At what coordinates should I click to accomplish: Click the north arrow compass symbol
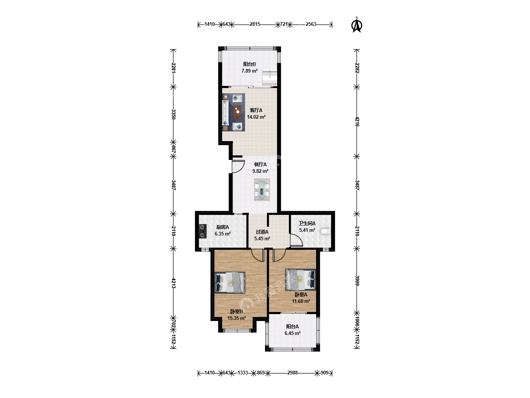(357, 25)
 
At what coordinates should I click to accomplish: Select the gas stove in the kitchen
(202, 231)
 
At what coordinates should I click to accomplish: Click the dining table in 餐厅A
(262, 190)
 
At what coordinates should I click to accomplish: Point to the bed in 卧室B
(230, 283)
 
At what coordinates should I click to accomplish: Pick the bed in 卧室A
(301, 280)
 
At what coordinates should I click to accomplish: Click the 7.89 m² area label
(250, 71)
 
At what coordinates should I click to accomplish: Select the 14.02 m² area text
(256, 117)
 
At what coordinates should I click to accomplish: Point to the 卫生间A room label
(307, 224)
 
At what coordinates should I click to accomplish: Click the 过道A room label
(262, 232)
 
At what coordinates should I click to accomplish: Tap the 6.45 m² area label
(292, 333)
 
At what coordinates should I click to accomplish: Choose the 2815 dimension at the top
(255, 24)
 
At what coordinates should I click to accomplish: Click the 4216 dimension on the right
(357, 122)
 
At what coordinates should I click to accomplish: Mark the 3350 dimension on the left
(173, 114)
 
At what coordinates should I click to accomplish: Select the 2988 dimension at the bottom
(292, 373)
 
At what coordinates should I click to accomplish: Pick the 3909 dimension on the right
(357, 280)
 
